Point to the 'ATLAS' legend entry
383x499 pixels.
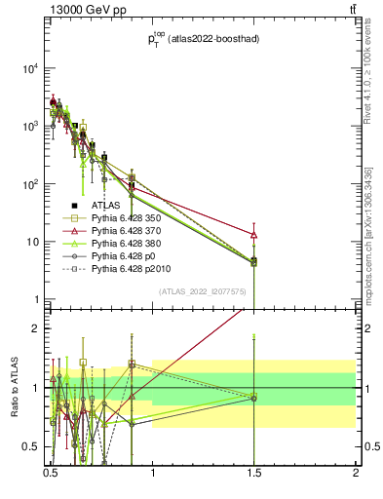coord(108,207)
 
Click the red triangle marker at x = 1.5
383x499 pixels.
coord(253,235)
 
